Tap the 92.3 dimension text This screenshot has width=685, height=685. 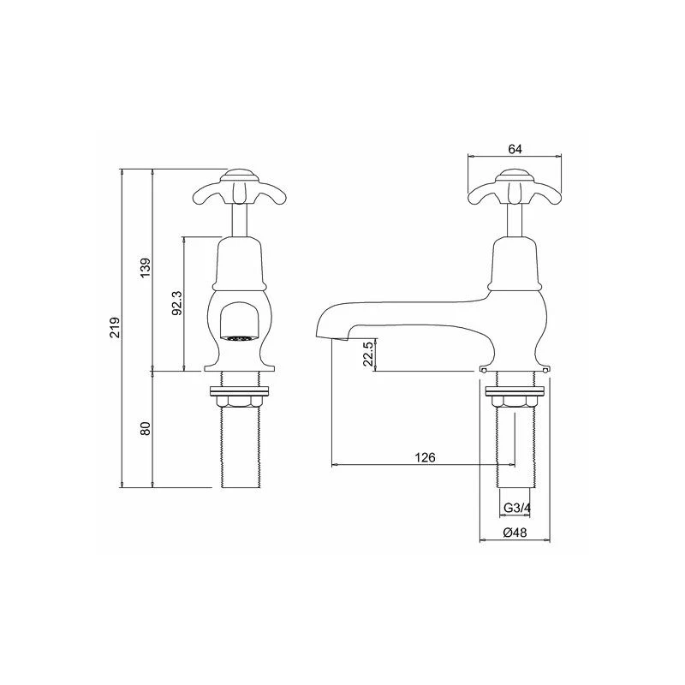coord(176,302)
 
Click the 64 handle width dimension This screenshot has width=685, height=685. coord(515,149)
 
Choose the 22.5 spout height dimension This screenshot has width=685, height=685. coord(368,354)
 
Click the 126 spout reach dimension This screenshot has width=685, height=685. coord(426,457)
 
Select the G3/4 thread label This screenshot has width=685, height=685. coord(515,508)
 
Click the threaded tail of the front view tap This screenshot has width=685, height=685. coord(240,450)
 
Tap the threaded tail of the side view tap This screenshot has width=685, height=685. coord(514,450)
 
